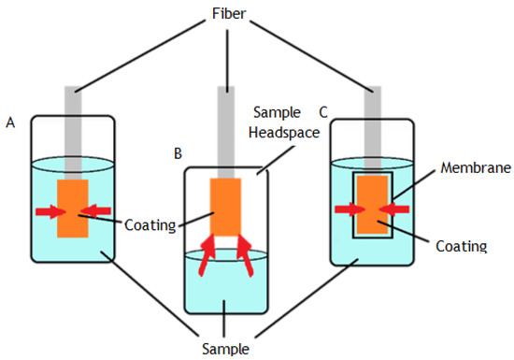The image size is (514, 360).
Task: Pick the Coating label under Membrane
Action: click(x=462, y=246)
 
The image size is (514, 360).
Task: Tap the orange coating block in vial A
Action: click(x=71, y=208)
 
